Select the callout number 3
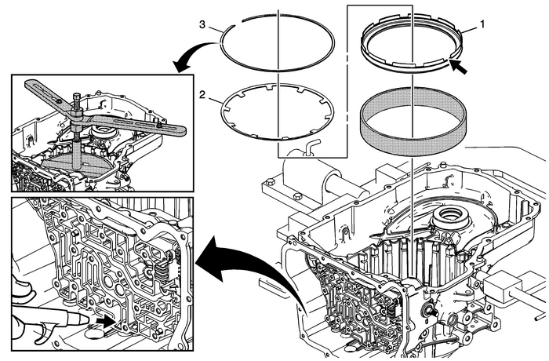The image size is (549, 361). click(202, 26)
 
